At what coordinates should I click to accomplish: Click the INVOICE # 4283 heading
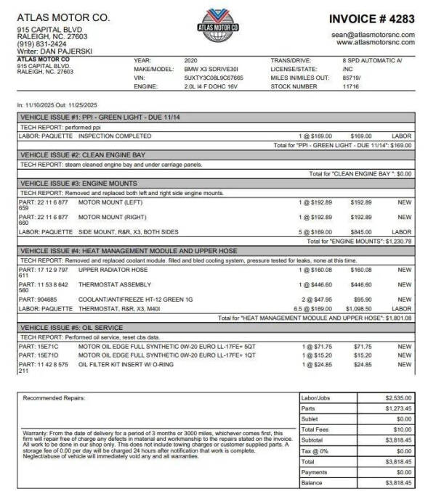[x=372, y=17]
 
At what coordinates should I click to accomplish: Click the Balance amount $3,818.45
[x=397, y=482]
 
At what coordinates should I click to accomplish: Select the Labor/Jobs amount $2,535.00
[x=397, y=398]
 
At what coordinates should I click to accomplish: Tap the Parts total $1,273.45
[x=397, y=408]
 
